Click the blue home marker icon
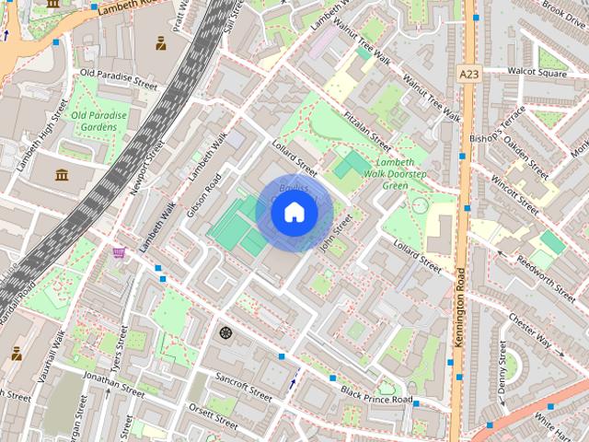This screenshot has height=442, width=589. tap(294, 213)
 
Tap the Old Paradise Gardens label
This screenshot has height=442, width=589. tap(98, 121)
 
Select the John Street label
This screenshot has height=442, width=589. tap(336, 231)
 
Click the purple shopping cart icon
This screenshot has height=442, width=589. tap(119, 252)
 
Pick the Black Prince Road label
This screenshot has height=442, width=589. tap(376, 395)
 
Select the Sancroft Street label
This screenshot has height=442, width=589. tap(243, 386)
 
